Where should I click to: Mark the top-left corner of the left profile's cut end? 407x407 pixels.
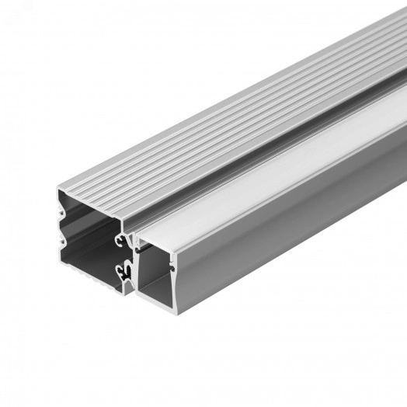(x=57, y=189)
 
